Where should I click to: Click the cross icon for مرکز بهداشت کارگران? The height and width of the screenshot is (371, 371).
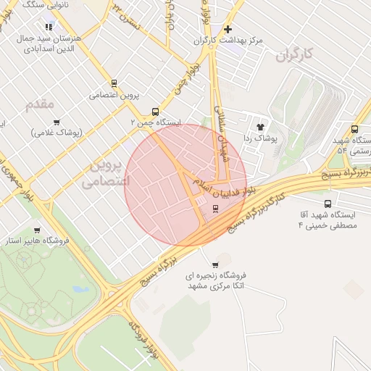point(228,29)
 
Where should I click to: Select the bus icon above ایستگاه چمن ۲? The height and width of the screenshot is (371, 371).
point(155,112)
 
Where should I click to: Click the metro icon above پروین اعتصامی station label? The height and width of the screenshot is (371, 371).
point(114,83)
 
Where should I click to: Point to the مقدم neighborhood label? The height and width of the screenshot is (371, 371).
point(40,104)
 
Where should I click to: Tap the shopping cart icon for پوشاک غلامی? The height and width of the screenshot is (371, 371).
point(57,122)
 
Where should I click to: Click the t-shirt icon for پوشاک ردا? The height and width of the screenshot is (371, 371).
point(260,127)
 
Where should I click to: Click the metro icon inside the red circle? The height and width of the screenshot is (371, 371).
point(215,209)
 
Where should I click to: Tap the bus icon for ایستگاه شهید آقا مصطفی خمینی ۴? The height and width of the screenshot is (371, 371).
point(328,204)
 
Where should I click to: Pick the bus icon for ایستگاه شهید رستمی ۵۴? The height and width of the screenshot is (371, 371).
point(354,129)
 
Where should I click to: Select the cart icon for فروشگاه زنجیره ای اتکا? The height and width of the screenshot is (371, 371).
point(215,264)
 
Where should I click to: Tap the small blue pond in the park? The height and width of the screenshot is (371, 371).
point(79,289)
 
